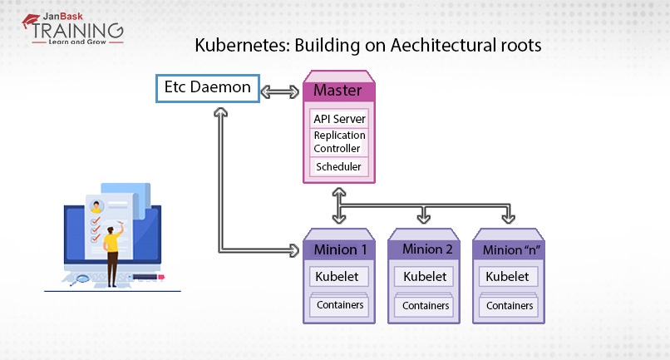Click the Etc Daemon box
208,87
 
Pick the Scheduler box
337,167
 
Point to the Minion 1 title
339,249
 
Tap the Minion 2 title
426,249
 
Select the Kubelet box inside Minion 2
425,276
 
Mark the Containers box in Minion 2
426,306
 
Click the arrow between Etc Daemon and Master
283,89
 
